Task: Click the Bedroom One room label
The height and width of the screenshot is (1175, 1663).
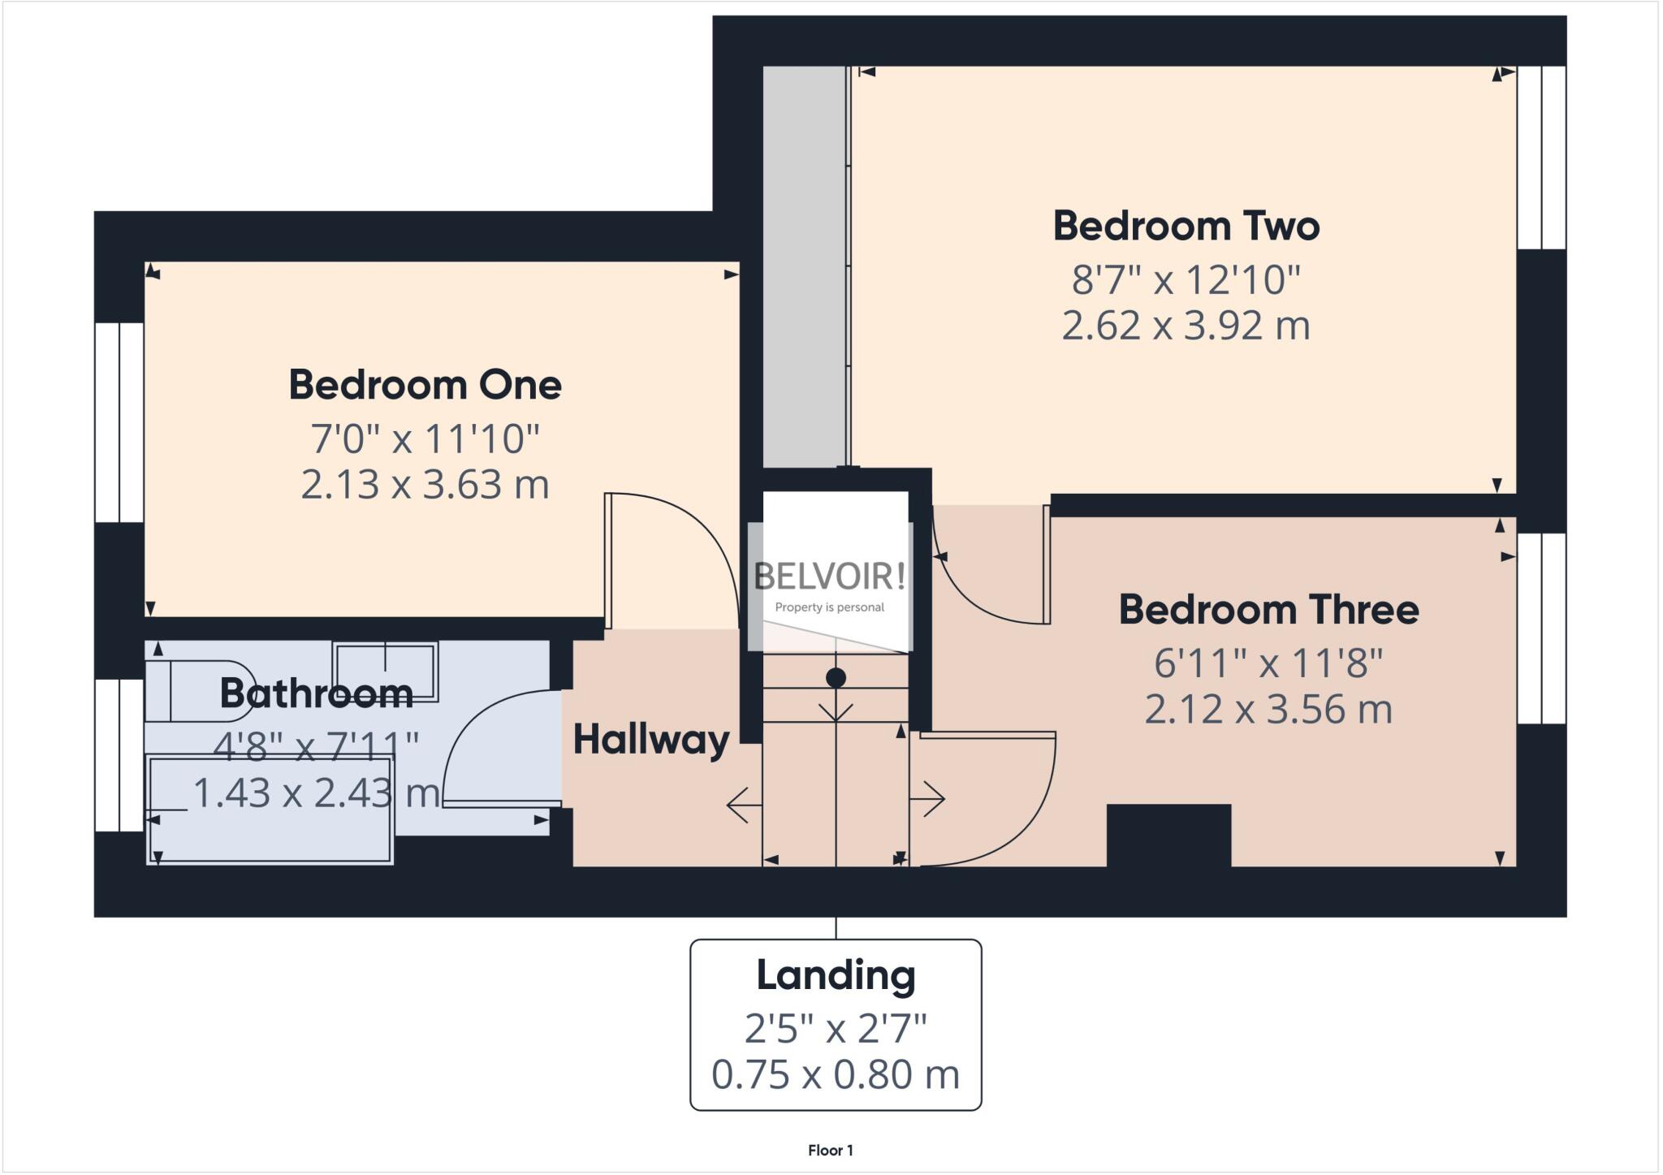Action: [425, 385]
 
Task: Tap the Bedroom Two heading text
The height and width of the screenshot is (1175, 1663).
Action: [1186, 226]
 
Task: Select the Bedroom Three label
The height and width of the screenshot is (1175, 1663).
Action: [1268, 610]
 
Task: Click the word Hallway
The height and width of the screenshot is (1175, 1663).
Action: [651, 740]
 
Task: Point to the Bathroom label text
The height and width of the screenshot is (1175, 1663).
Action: [317, 693]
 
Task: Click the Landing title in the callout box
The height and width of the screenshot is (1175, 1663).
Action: [836, 975]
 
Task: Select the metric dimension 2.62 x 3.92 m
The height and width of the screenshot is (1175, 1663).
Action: [1186, 326]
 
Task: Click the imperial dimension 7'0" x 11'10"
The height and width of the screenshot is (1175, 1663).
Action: [425, 439]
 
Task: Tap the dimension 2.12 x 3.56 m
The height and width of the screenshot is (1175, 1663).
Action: [1268, 709]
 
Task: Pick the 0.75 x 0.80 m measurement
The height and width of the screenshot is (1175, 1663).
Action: [836, 1074]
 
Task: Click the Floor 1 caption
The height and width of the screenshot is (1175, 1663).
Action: [830, 1150]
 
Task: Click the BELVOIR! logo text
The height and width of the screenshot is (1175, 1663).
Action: [829, 577]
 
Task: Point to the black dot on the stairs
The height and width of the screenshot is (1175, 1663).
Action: [836, 677]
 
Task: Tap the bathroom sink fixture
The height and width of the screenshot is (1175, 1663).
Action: [385, 671]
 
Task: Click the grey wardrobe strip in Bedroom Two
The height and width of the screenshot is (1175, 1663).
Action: [804, 268]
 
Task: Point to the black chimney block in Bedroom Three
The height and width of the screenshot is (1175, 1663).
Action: [1168, 835]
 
